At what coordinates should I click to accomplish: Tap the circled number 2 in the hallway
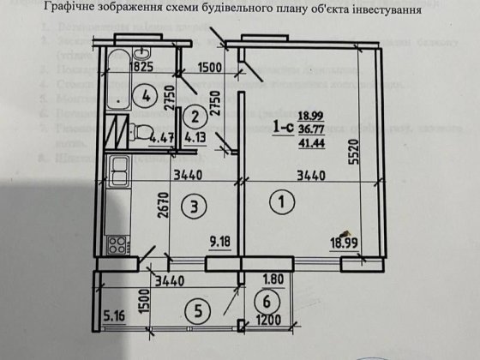tap(196, 117)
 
